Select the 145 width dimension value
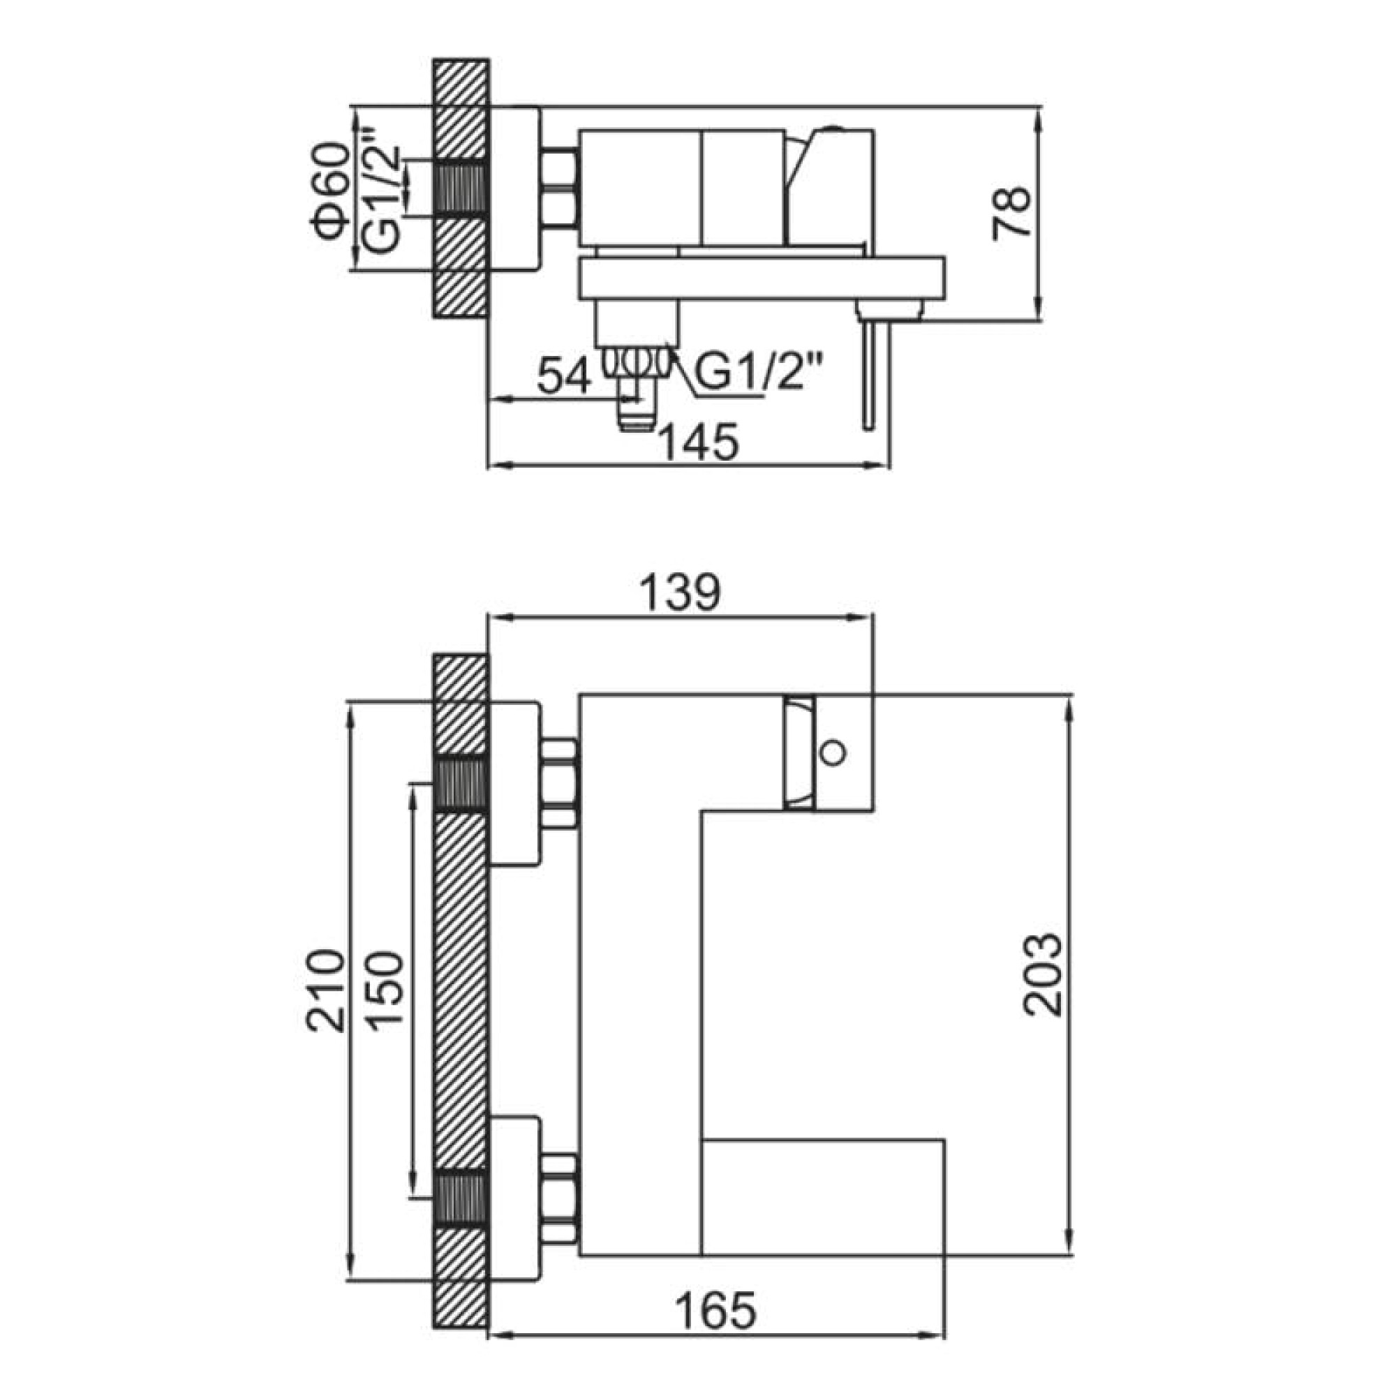700,442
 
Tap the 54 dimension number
566,376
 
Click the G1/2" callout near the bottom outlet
759,373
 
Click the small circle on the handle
833,752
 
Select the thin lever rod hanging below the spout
868,376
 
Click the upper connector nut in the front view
560,783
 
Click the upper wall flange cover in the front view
514,782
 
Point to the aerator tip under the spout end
889,311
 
